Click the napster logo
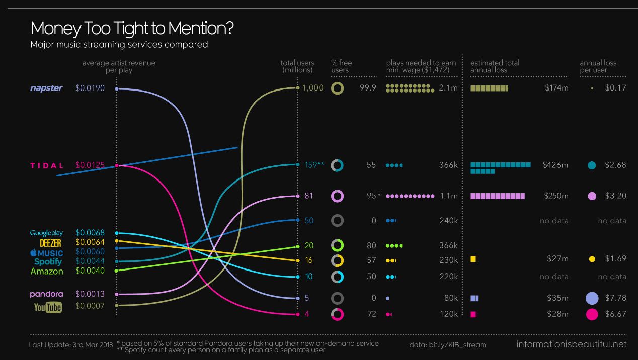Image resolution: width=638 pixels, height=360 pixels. click(46, 88)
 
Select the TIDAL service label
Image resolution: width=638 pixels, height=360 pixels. click(47, 165)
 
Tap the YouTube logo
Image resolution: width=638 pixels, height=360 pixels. click(48, 307)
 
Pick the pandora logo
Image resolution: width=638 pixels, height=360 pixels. click(46, 294)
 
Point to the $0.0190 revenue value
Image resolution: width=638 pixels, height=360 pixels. click(90, 88)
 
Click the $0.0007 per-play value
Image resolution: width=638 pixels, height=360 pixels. click(90, 305)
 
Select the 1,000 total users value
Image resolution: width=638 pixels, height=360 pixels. click(313, 88)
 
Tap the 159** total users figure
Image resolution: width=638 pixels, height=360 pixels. click(314, 165)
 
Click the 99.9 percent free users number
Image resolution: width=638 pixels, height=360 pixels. click(371, 88)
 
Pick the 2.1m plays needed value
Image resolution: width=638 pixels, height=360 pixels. click(448, 88)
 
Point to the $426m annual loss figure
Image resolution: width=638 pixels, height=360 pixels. click(555, 165)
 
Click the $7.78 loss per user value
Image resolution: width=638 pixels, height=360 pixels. click(615, 298)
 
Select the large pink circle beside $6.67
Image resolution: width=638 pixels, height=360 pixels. click(592, 314)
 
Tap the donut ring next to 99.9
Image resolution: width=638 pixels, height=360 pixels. click(338, 88)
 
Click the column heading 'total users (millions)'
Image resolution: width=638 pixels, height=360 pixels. click(297, 66)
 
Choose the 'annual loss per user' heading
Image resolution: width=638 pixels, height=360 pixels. click(598, 66)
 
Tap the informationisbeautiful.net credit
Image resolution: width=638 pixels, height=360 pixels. click(571, 344)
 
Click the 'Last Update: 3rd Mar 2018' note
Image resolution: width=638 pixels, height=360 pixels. click(70, 345)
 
